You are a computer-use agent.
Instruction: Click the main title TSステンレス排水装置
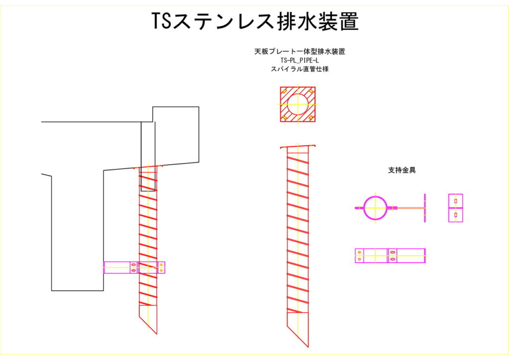[255, 21]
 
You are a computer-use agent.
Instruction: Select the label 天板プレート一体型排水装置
[300, 51]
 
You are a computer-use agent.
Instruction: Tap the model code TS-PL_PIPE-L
[300, 60]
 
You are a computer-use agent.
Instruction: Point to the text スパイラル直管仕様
[300, 69]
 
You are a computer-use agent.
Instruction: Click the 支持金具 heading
[402, 170]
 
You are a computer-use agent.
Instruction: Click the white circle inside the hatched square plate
[298, 104]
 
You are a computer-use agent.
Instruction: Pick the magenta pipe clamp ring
[375, 208]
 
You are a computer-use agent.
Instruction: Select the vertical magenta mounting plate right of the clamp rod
[424, 208]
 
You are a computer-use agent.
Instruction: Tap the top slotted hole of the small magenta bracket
[455, 201]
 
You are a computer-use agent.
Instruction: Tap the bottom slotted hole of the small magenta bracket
[455, 215]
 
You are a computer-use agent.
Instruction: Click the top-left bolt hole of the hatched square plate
[285, 91]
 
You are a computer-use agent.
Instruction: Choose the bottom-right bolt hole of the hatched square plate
[311, 117]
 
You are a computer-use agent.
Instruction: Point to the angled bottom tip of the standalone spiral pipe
[308, 347]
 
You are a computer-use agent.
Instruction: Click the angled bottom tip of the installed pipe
[157, 334]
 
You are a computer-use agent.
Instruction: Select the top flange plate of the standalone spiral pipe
[298, 147]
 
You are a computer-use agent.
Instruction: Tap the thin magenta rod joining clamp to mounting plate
[410, 208]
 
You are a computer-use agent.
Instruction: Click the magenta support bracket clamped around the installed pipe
[134, 268]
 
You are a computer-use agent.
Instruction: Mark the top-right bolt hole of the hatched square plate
[311, 91]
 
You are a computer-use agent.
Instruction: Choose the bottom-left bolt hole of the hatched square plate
[285, 117]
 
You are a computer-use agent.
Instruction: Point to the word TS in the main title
[161, 21]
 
